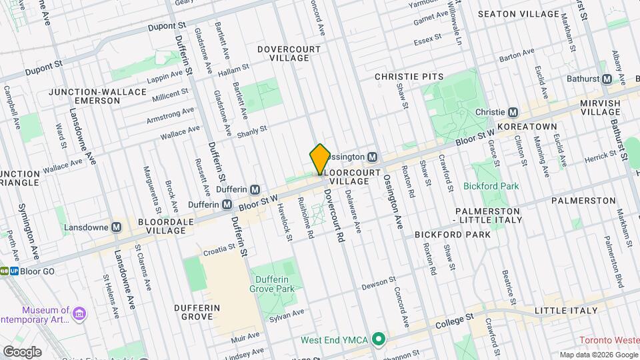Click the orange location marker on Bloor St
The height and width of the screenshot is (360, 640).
coord(320,159)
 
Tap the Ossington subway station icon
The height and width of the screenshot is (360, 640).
coord(373,157)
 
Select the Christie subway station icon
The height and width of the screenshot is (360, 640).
coord(513,112)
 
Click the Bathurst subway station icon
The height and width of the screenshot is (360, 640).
coord(607,79)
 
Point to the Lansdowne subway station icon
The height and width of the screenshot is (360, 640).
coord(117,227)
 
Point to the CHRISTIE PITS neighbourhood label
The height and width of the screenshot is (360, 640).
coord(409,77)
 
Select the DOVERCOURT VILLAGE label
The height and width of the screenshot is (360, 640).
coord(284,53)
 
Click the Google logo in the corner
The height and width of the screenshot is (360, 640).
coord(22,351)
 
